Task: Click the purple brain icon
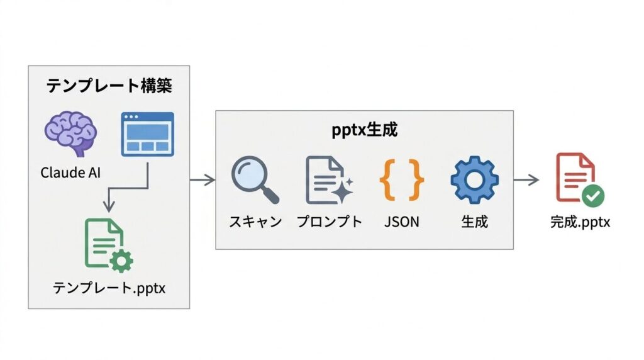coord(70,133)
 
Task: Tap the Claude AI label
coord(70,172)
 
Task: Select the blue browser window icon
coord(147,134)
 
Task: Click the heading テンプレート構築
coord(109,86)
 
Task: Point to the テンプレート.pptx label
coord(108,288)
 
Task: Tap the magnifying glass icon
coord(255,180)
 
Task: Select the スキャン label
coord(255,222)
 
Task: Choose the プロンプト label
coord(329,222)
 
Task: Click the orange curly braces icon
coord(401,180)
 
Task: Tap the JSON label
coord(401,222)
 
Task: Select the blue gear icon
coord(474,179)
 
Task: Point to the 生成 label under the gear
coord(474,222)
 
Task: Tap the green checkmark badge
coord(592,196)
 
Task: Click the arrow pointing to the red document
coord(526,181)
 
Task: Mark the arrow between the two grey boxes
coord(202,181)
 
